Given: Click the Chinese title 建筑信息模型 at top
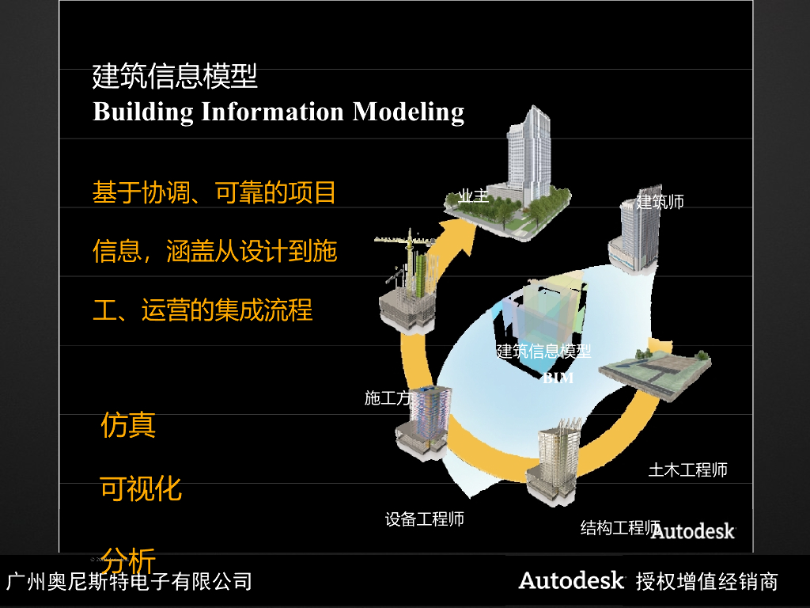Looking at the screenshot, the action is click(x=175, y=77).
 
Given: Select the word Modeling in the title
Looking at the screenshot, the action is click(x=408, y=112).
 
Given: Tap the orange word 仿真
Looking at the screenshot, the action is click(x=128, y=425).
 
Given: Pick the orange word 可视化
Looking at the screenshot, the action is click(x=141, y=488).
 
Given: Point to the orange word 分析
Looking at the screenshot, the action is click(x=128, y=560).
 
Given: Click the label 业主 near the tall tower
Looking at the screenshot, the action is click(x=474, y=196).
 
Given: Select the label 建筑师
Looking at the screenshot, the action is click(x=660, y=202).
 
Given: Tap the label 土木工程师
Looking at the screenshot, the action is click(x=687, y=469).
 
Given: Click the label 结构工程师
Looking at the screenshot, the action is click(x=619, y=528).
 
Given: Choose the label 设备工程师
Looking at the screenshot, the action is click(x=424, y=519).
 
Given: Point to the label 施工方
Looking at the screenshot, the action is click(x=387, y=398).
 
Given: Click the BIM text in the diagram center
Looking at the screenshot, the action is click(x=558, y=378).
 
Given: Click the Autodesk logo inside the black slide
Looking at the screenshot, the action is click(x=693, y=530).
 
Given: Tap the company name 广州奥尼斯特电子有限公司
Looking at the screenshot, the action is click(x=129, y=582).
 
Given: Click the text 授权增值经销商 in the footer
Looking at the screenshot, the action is click(x=706, y=583).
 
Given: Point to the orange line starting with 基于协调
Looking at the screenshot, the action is click(x=214, y=192).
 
